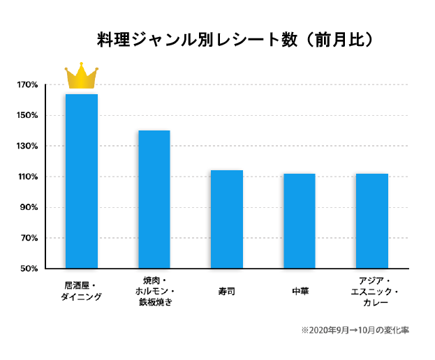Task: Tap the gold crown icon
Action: coord(82,77)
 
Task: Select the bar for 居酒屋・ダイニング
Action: coord(82,181)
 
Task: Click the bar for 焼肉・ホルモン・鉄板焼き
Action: coord(154,200)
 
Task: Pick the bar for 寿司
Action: coord(227,219)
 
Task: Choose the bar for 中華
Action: coord(300,221)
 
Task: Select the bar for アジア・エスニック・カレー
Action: coord(372,221)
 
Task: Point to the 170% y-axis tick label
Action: coord(27,85)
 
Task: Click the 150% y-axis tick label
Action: coord(27,116)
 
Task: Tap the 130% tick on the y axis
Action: coord(27,147)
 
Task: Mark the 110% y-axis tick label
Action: coord(27,177)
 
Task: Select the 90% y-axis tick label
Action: coord(29,208)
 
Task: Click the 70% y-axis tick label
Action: coord(29,239)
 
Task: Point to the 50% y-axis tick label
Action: coord(29,269)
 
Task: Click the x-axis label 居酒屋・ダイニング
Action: coord(82,291)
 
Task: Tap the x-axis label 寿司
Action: coord(227,291)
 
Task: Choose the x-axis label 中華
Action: coord(300,291)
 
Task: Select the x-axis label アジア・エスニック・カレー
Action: coord(372,292)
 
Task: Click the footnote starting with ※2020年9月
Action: coord(355,330)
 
